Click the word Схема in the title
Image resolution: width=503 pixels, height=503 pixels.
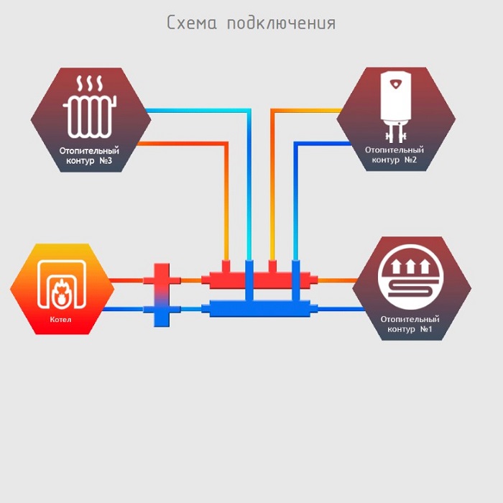coord(191,22)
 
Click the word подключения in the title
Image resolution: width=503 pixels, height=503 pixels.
coord(281,24)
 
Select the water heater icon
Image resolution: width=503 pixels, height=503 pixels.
coord(396,104)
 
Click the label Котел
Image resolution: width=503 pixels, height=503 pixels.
coord(61,319)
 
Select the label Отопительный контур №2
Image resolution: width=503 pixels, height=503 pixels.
coord(394,154)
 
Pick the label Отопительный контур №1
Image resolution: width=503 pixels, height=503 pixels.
coord(410,323)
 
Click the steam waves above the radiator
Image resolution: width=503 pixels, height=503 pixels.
coord(89,83)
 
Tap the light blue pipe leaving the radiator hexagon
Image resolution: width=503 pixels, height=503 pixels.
coord(194,110)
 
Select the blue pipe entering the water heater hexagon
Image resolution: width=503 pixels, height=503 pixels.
coord(323,143)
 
